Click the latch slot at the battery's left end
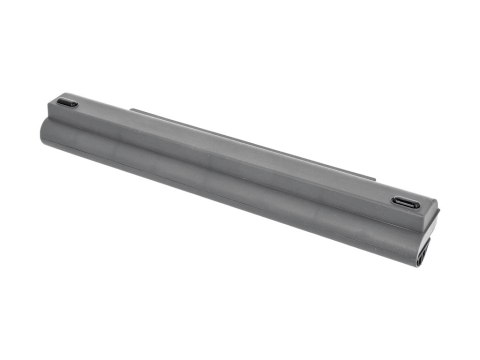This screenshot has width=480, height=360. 67,103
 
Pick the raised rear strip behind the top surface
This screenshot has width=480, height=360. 250,139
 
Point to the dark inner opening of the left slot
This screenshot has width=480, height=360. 67,104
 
